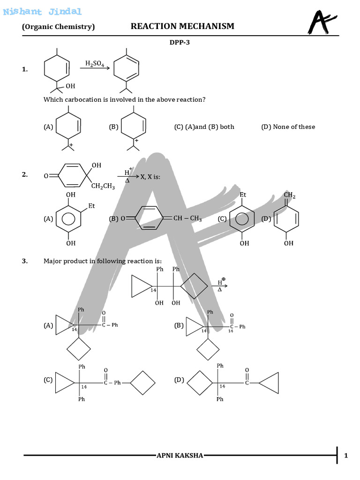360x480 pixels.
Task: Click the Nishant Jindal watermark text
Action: (42, 12)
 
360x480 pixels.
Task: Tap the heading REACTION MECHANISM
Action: (182, 26)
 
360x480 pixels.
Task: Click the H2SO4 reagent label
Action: (95, 63)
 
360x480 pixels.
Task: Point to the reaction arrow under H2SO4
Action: (95, 69)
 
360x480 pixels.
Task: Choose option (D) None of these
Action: (288, 127)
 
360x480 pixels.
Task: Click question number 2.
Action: (25, 174)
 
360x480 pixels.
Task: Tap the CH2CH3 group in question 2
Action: (103, 186)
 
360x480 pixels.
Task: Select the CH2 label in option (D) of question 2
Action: (290, 195)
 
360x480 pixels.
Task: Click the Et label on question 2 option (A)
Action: (91, 205)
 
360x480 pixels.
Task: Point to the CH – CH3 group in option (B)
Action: (187, 218)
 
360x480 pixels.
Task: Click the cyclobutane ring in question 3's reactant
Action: (194, 285)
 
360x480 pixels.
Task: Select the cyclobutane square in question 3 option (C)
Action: (142, 382)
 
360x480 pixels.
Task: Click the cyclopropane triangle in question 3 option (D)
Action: (270, 382)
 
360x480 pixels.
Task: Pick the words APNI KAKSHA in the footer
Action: (180, 456)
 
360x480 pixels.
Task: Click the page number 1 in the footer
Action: (345, 456)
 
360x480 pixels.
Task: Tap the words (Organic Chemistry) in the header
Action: (59, 27)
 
